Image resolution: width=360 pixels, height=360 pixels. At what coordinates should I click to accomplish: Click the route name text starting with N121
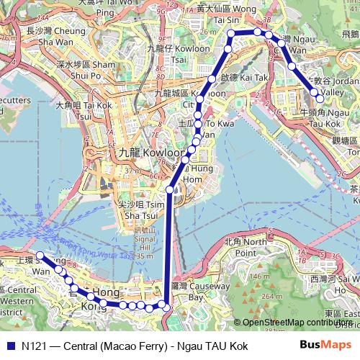[135, 346]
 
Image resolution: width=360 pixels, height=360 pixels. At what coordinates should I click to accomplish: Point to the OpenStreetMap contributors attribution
[294, 323]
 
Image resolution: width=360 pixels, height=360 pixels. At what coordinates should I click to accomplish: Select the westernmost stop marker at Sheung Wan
[40, 256]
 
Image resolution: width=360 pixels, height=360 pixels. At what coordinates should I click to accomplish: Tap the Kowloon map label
[137, 153]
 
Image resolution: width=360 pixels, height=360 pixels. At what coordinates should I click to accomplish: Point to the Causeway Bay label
[186, 291]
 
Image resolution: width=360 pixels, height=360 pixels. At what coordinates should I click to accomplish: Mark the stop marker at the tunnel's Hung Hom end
[170, 189]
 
